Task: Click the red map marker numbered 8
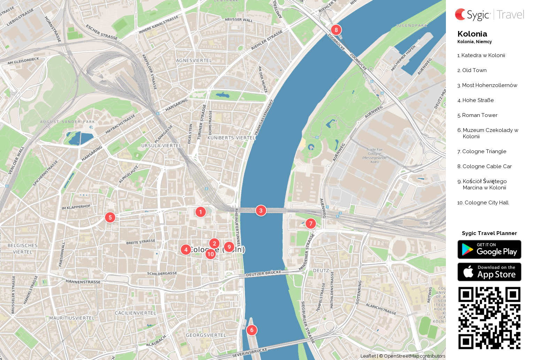336,30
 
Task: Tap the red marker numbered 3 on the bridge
261,211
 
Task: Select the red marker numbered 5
110,218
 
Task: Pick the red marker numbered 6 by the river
252,330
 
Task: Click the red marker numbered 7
310,224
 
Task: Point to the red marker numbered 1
200,212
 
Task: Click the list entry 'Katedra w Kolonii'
483,55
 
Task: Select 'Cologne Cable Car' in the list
487,166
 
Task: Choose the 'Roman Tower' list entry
479,115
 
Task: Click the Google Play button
489,250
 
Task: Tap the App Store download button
489,272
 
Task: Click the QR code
489,318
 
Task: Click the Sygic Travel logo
489,15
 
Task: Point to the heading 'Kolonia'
472,34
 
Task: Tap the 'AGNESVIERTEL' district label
194,61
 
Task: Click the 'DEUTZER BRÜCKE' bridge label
263,274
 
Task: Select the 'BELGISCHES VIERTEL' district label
23,249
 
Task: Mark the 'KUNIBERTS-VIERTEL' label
231,138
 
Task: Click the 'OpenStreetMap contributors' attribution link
414,356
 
